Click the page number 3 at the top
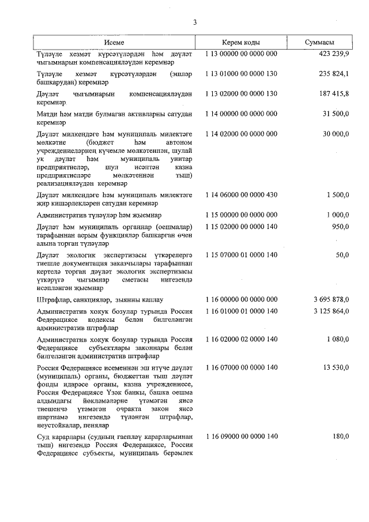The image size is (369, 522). click(x=195, y=22)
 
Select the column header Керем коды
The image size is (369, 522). click(x=240, y=43)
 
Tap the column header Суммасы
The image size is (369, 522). click(x=320, y=43)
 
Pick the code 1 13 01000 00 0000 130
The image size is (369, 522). click(x=240, y=74)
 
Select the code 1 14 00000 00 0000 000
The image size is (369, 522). click(x=240, y=114)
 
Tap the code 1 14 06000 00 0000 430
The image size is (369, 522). click(x=240, y=195)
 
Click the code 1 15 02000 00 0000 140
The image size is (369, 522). click(x=240, y=225)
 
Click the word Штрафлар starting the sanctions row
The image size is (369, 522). click(x=53, y=299)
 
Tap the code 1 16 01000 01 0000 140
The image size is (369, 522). click(x=240, y=311)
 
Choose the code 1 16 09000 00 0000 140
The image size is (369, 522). click(x=240, y=436)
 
